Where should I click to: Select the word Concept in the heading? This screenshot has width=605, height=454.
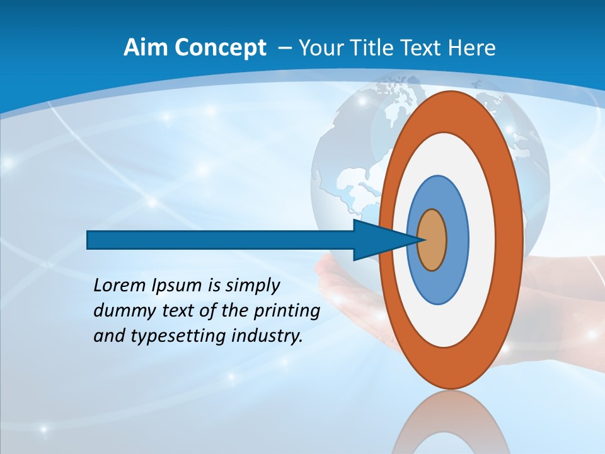point(220,49)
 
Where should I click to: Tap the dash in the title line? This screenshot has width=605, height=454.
point(284,49)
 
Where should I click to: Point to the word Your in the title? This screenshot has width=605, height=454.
point(320,48)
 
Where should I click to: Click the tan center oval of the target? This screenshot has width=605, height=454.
point(432,240)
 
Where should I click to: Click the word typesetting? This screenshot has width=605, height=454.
point(169,337)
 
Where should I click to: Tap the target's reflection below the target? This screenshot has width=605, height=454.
point(451,422)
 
